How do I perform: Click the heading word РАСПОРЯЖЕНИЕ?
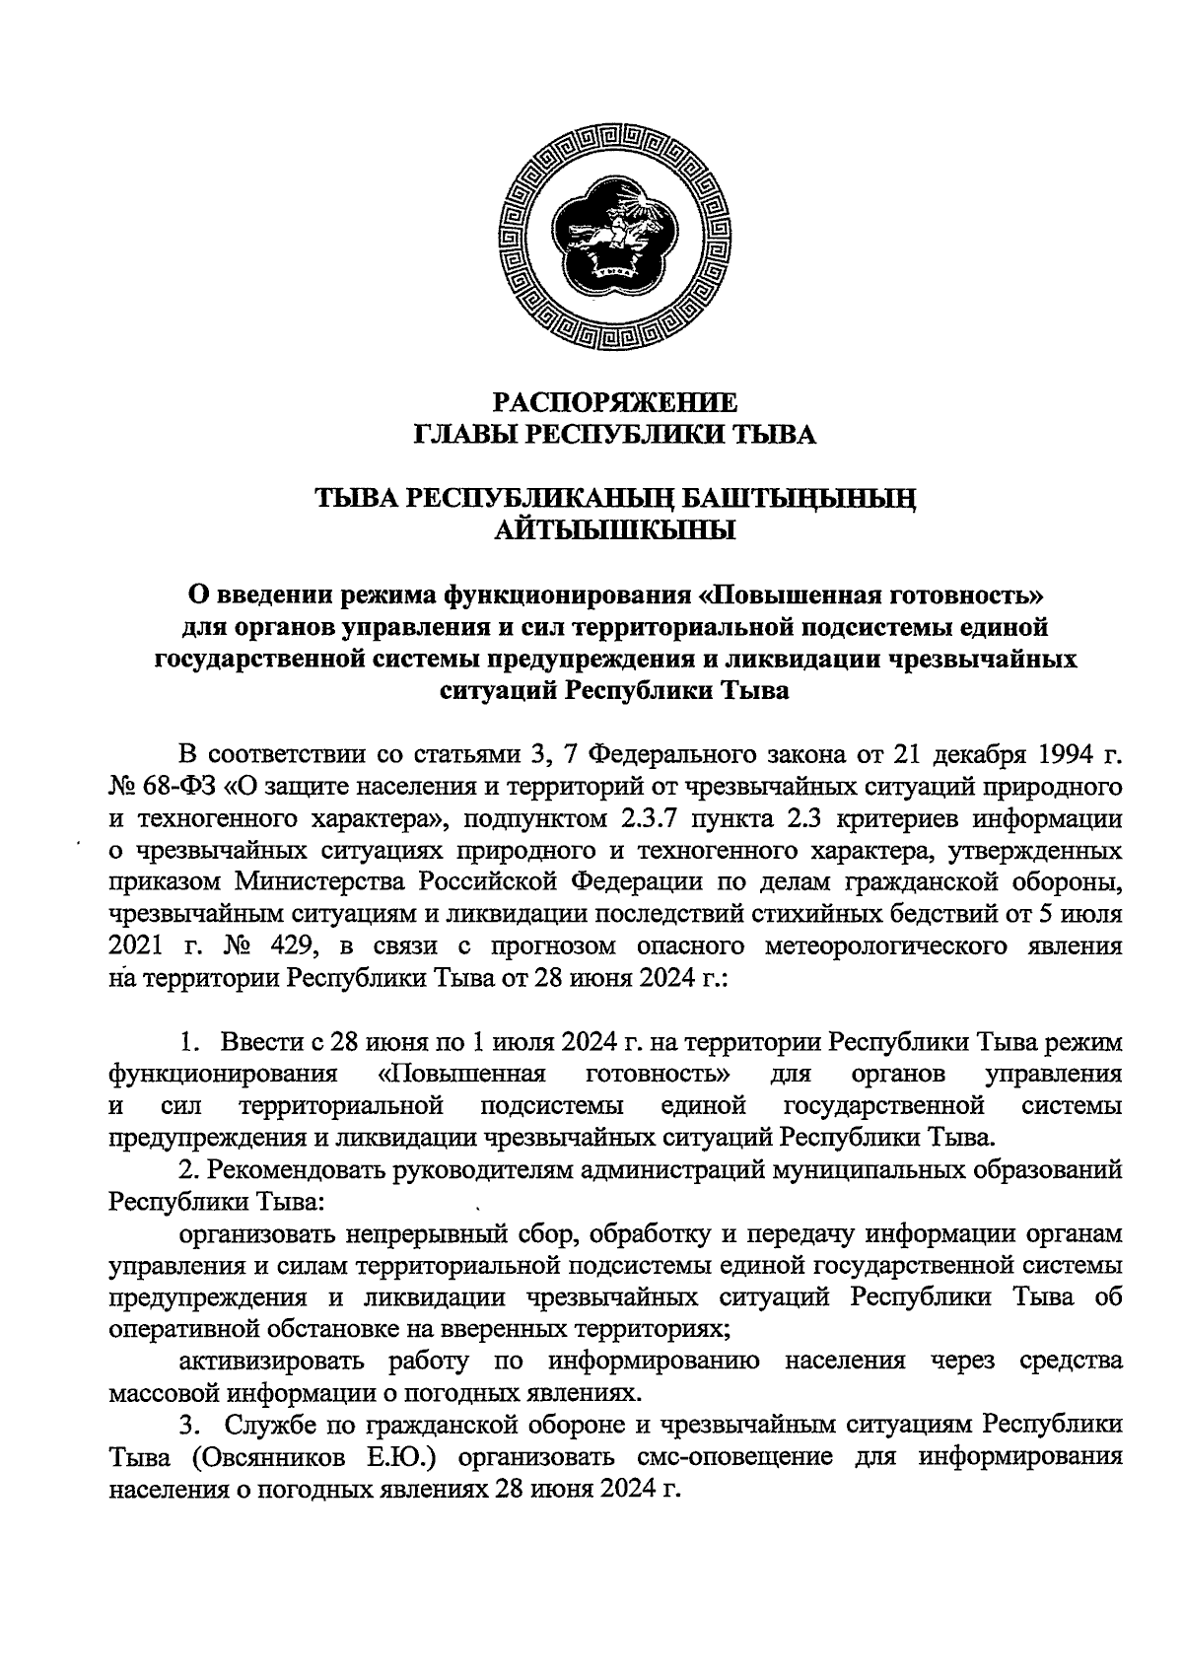coord(615,402)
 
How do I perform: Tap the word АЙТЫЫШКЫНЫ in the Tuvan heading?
coord(615,531)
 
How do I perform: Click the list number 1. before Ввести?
coord(190,1042)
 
